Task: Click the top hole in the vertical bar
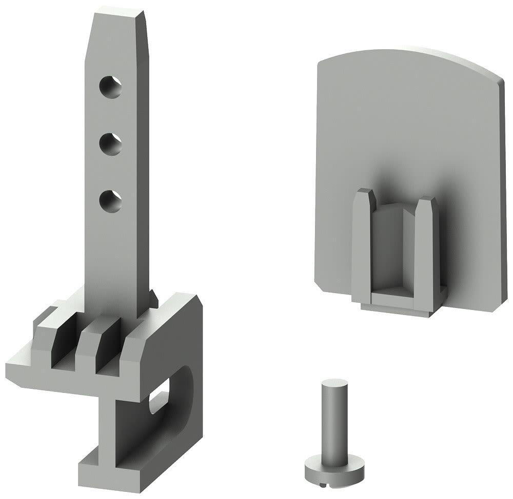tap(111, 87)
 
